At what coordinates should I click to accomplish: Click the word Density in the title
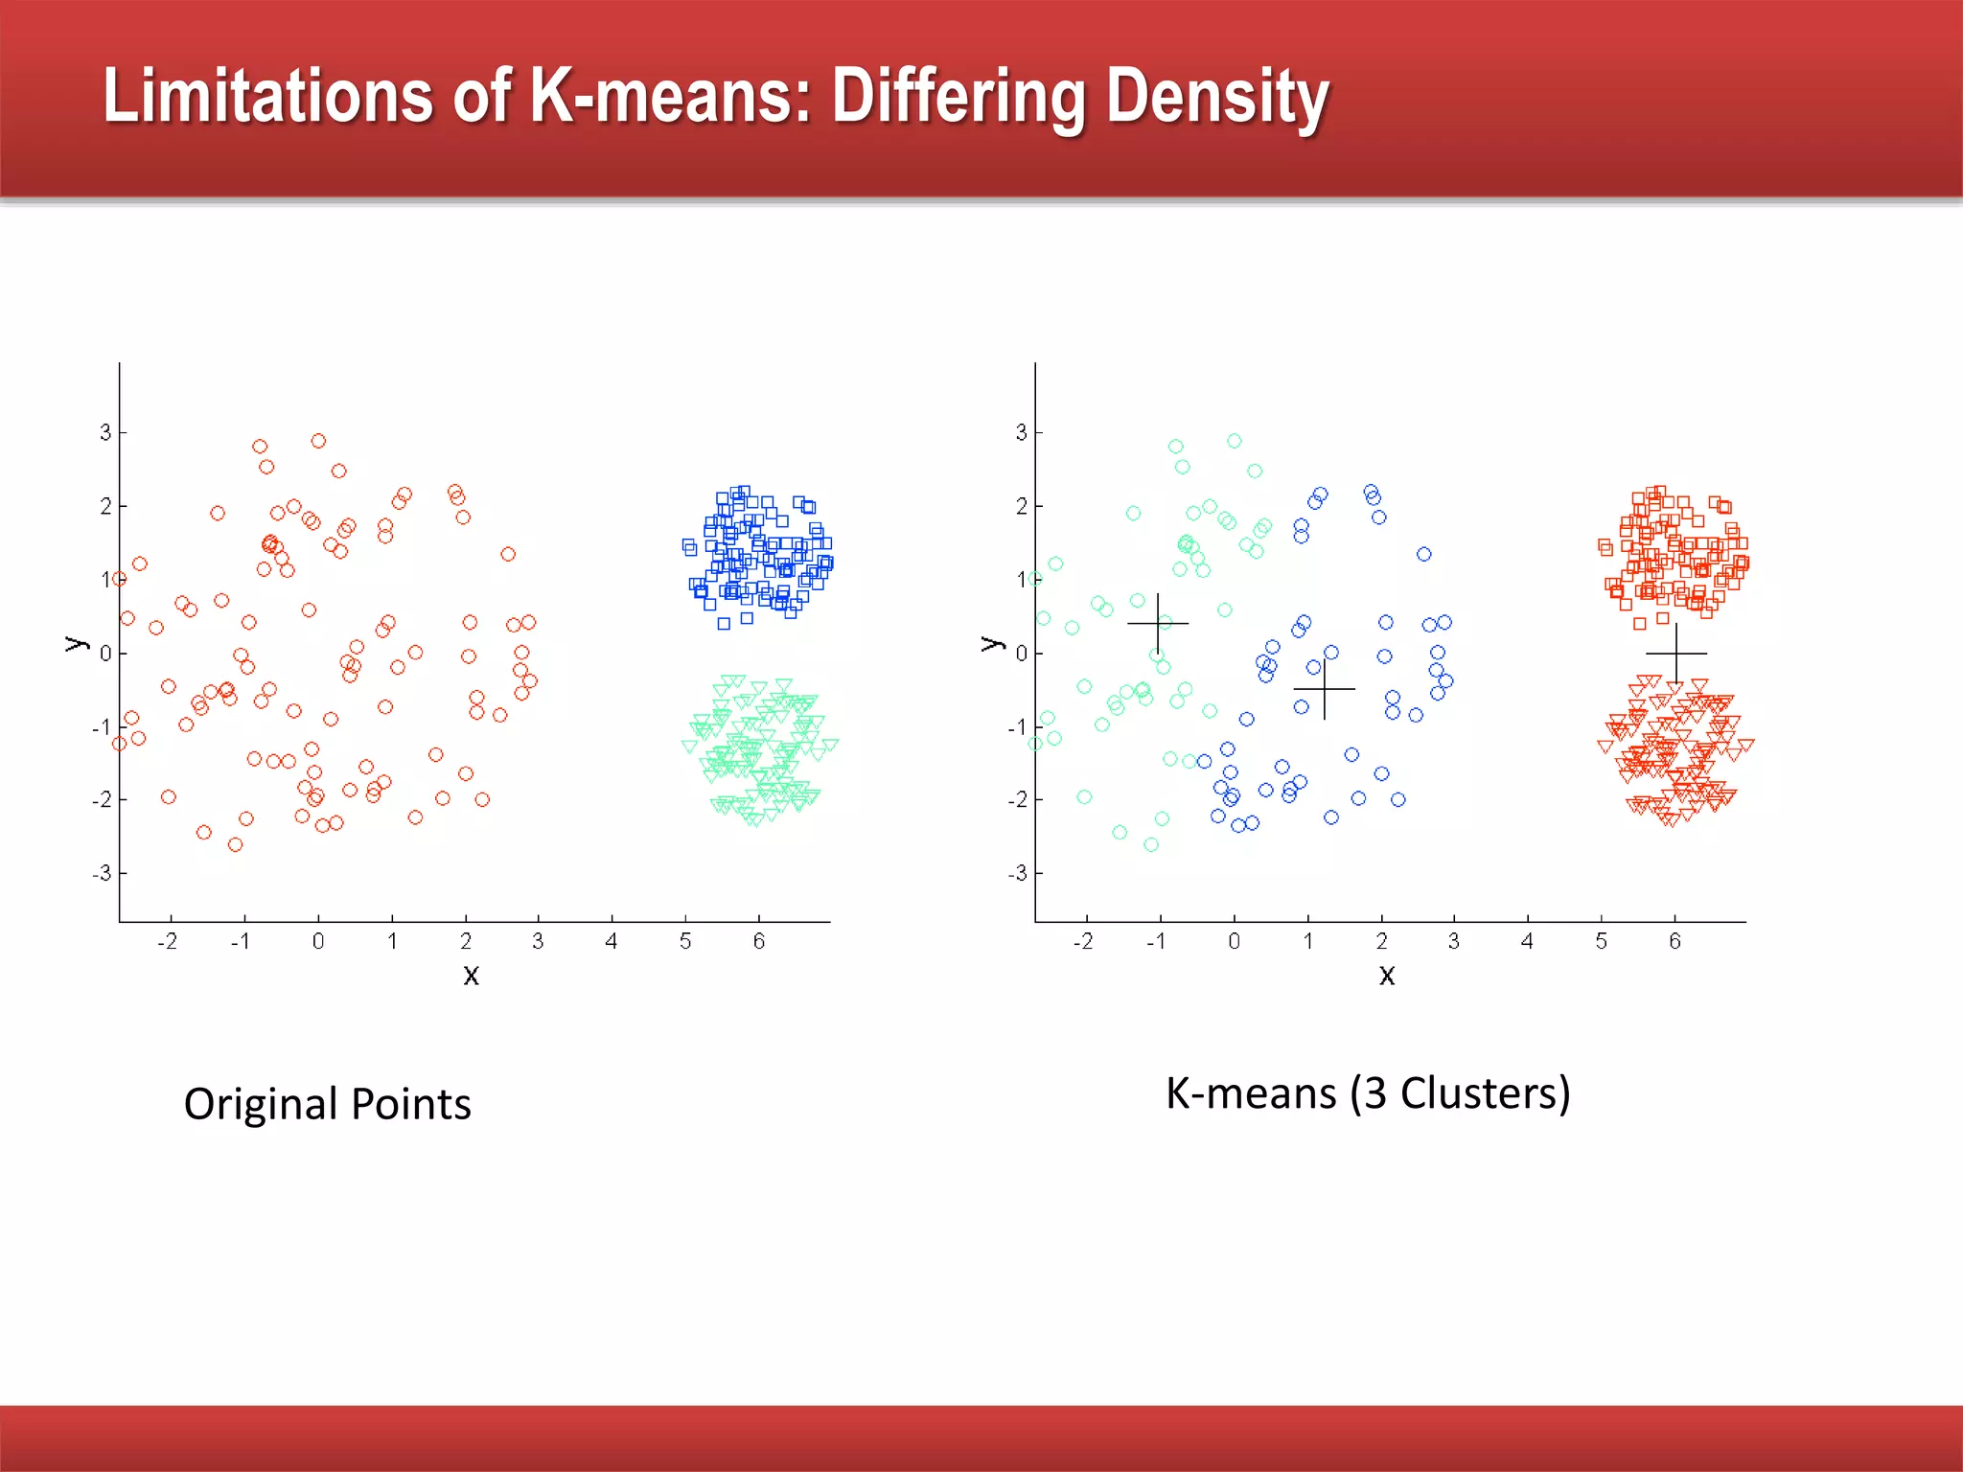(x=1217, y=98)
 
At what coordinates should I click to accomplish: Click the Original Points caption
(x=327, y=1104)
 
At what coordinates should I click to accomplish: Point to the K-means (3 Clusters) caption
(x=1368, y=1093)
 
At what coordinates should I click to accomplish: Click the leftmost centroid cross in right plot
(x=1158, y=624)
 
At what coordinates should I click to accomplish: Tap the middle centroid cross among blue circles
(x=1325, y=689)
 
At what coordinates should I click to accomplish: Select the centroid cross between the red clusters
(x=1676, y=654)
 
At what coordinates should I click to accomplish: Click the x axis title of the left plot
(x=471, y=976)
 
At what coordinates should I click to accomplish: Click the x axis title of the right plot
(x=1387, y=976)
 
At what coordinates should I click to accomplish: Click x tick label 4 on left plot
(x=612, y=941)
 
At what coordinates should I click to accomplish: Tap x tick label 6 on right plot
(x=1674, y=941)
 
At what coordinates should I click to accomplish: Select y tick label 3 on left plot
(x=105, y=432)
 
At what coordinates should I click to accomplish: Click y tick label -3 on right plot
(x=1017, y=873)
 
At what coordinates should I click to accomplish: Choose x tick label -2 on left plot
(x=168, y=941)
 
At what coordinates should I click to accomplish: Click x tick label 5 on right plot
(x=1601, y=941)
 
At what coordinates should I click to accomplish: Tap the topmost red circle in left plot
(x=318, y=441)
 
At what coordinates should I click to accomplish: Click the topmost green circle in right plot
(x=1235, y=441)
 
